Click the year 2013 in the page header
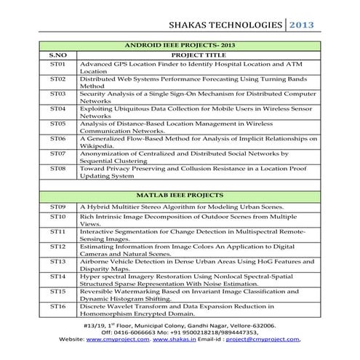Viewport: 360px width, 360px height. [x=301, y=25]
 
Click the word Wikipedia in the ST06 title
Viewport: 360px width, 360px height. [x=96, y=145]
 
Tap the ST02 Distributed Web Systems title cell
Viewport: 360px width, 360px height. [x=196, y=81]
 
